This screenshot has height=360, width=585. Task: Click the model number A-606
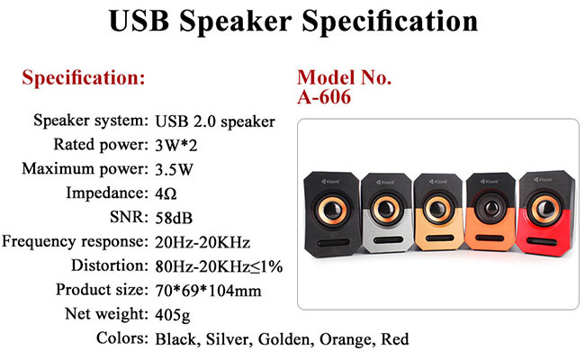(x=324, y=97)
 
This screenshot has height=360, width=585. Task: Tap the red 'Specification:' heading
(x=84, y=78)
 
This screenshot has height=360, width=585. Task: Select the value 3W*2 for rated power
(x=176, y=145)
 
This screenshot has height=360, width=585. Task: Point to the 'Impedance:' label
(x=107, y=193)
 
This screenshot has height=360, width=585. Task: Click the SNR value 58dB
(x=174, y=218)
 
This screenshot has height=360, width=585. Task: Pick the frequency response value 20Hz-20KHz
(x=202, y=242)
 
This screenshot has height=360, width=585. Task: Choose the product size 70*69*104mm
(x=208, y=291)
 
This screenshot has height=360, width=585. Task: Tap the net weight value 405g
(x=173, y=315)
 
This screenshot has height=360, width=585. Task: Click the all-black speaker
(x=332, y=214)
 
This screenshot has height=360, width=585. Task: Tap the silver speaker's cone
(x=385, y=210)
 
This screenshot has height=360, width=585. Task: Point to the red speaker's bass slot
(x=542, y=242)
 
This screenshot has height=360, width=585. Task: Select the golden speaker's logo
(x=437, y=182)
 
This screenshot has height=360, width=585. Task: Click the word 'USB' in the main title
(x=139, y=21)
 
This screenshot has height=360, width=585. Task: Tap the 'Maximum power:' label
(x=85, y=169)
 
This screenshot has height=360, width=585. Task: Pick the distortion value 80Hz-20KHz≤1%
(x=219, y=266)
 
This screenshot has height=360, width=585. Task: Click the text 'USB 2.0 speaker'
(x=215, y=121)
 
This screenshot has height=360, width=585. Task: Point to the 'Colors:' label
(x=122, y=338)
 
